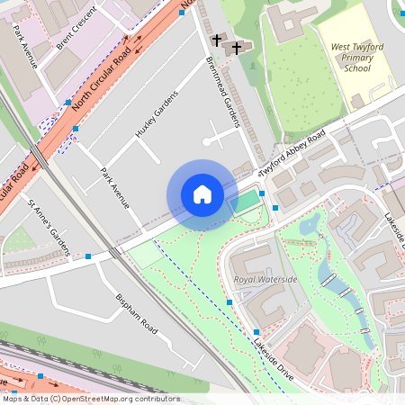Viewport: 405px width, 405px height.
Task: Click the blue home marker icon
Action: pos(202,194)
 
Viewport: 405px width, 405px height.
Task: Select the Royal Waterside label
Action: pos(265,280)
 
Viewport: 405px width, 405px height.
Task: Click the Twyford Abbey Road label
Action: pos(292,154)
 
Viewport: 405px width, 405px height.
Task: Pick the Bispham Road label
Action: pos(137,312)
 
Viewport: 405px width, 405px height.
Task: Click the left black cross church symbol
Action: pos(216,40)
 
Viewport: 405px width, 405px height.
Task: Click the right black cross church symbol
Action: pos(238,47)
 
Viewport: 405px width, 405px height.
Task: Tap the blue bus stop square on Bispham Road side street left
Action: pos(88,256)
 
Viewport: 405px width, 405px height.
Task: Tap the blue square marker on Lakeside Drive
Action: pos(230,303)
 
